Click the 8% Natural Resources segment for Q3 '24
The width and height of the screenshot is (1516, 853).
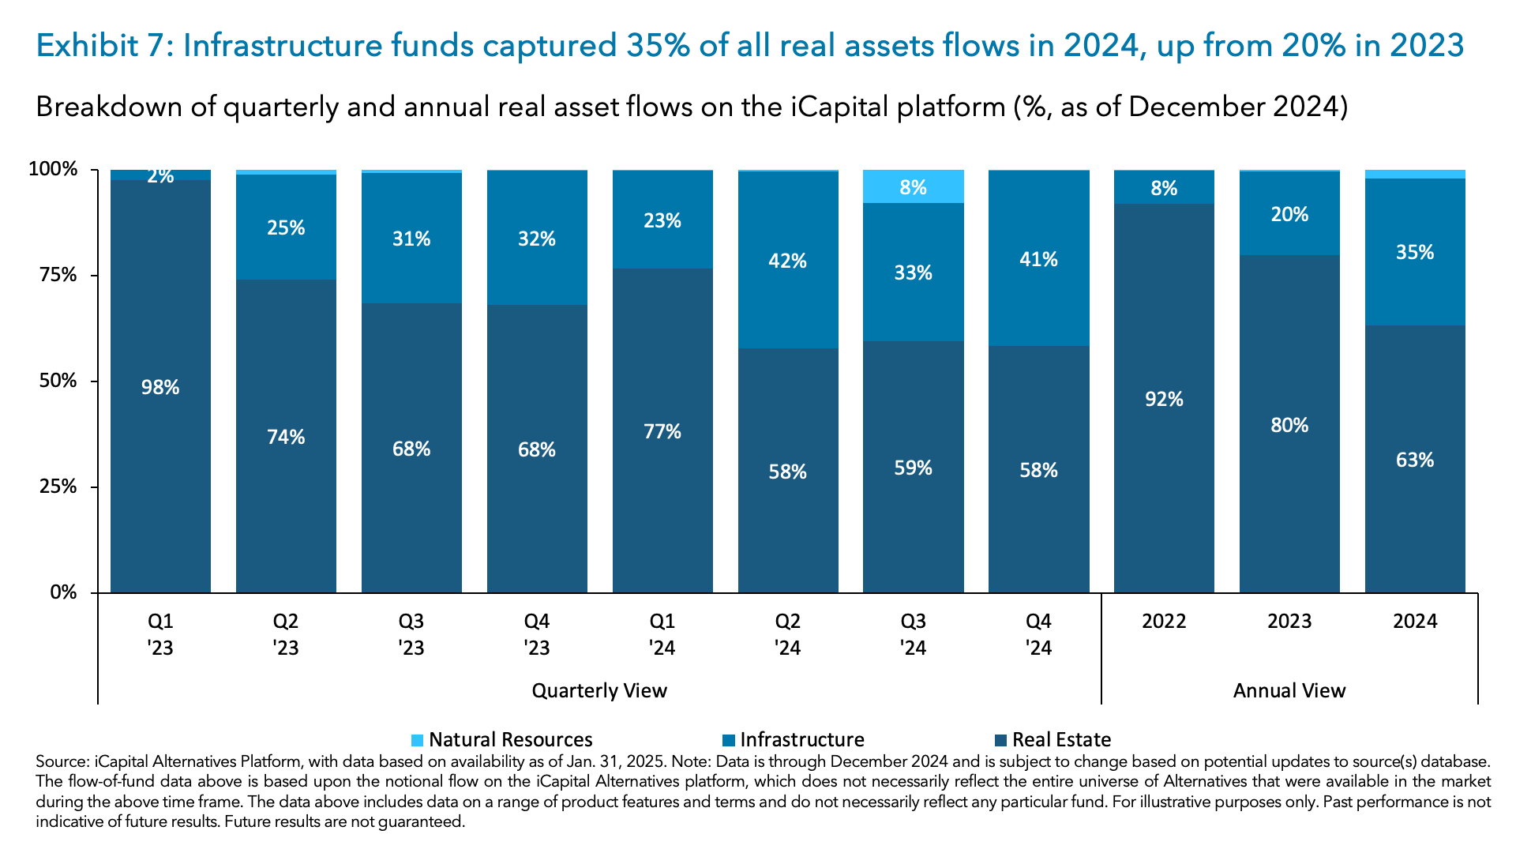tap(913, 186)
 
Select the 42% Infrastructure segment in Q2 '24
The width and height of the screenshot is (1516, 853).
tap(788, 261)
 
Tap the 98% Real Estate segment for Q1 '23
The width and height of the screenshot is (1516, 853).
tap(160, 387)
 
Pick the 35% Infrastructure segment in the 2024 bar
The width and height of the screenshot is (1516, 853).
tap(1415, 252)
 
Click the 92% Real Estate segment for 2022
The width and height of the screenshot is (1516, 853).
tap(1164, 399)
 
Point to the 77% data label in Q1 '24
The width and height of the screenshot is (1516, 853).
tap(662, 431)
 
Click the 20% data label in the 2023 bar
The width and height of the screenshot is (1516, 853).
tap(1289, 214)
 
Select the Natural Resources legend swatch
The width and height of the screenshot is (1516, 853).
tap(418, 740)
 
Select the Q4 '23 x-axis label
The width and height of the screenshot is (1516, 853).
tap(537, 634)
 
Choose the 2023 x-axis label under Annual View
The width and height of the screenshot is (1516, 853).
tap(1289, 621)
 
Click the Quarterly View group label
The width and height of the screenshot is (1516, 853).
tap(599, 690)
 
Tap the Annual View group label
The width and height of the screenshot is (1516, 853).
tap(1289, 690)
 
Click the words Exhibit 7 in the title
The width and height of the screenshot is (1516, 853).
tap(99, 46)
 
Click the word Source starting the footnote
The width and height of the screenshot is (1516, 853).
tap(62, 762)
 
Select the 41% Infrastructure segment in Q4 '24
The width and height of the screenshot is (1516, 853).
tap(1038, 259)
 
